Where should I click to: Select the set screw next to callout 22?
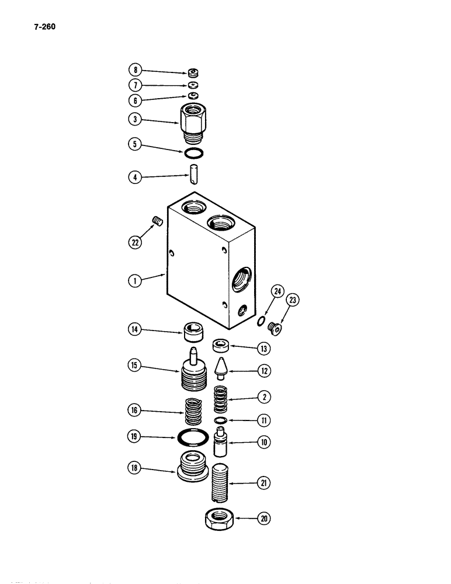pos(157,220)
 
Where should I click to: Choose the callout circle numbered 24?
pos(277,293)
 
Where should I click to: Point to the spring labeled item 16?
pos(193,411)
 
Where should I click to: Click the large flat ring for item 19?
pos(192,436)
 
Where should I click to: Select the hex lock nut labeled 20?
pos(221,519)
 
